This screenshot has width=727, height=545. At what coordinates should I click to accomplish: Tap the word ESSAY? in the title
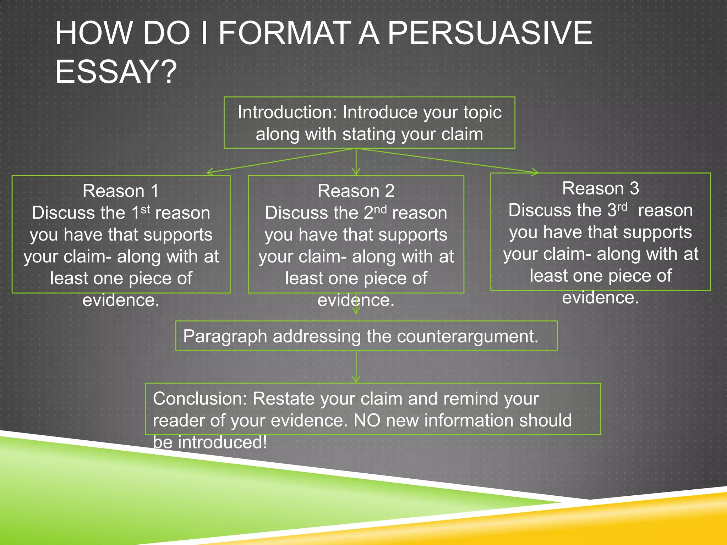click(x=116, y=72)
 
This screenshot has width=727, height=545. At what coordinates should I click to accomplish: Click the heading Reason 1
click(x=121, y=191)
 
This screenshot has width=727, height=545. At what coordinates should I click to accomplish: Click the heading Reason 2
click(x=356, y=191)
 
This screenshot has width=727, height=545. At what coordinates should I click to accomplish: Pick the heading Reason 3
click(x=600, y=188)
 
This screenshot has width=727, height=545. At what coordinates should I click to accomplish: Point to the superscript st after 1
click(x=145, y=209)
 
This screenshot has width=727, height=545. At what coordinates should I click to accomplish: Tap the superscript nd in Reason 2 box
click(x=380, y=209)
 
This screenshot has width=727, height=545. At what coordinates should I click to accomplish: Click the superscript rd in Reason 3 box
click(x=622, y=207)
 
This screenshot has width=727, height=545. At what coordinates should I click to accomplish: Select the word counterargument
click(x=468, y=336)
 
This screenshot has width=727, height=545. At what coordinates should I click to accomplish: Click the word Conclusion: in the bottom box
click(x=200, y=398)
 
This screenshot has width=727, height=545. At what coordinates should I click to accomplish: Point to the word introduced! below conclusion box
click(x=222, y=442)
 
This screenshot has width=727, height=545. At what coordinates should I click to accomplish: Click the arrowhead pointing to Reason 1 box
click(x=209, y=172)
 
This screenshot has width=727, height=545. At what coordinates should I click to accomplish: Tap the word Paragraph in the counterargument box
click(x=225, y=336)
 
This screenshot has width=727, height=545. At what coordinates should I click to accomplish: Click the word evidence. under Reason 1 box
click(x=121, y=300)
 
